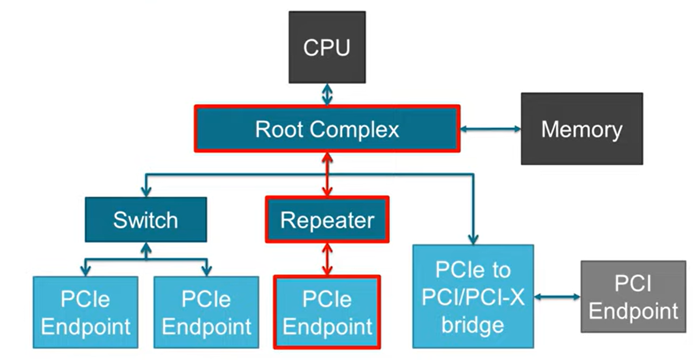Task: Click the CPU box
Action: point(327,47)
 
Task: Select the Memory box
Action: point(582,129)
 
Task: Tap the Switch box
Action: point(146,220)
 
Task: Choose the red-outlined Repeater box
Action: point(327,220)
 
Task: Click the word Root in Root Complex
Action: point(279,129)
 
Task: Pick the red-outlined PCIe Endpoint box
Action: point(327,313)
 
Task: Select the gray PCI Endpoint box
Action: point(633,296)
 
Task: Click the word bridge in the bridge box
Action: point(473,325)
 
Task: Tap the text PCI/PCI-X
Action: point(473,297)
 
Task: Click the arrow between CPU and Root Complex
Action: point(327,94)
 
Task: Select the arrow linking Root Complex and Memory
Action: point(490,129)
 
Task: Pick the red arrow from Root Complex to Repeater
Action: point(327,174)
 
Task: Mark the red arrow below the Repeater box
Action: point(327,259)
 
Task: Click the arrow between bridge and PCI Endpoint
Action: point(557,297)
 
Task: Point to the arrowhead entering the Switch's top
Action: point(146,191)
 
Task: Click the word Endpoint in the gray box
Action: point(633,311)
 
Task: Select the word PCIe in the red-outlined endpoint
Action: point(327,299)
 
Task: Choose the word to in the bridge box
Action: point(500,270)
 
